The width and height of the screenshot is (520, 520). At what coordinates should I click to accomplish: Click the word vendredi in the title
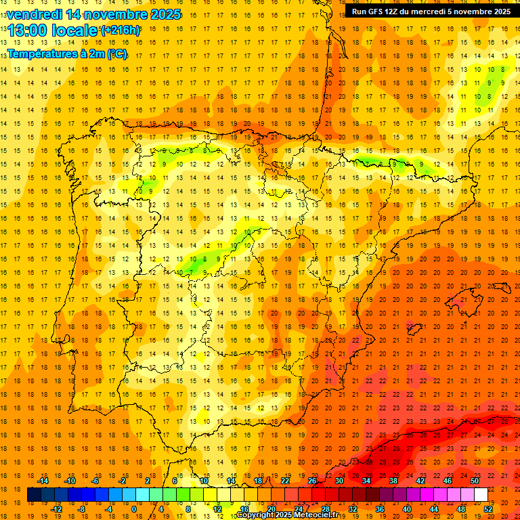click(35, 14)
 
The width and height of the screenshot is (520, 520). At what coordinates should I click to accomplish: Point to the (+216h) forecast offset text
click(121, 30)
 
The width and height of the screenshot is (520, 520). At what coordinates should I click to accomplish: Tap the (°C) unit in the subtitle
click(116, 53)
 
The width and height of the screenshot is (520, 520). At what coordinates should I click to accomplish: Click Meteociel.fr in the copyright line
click(318, 515)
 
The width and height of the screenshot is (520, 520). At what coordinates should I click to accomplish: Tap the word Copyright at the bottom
click(255, 515)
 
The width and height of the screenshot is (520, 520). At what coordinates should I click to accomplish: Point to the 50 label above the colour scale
click(475, 481)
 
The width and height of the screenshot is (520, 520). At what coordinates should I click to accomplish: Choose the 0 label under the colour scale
click(134, 509)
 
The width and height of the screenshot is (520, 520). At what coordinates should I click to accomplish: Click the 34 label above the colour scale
click(366, 481)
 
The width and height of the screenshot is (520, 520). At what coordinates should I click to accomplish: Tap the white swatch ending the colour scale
click(481, 495)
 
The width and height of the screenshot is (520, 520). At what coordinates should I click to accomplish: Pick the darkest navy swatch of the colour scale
click(34, 495)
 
